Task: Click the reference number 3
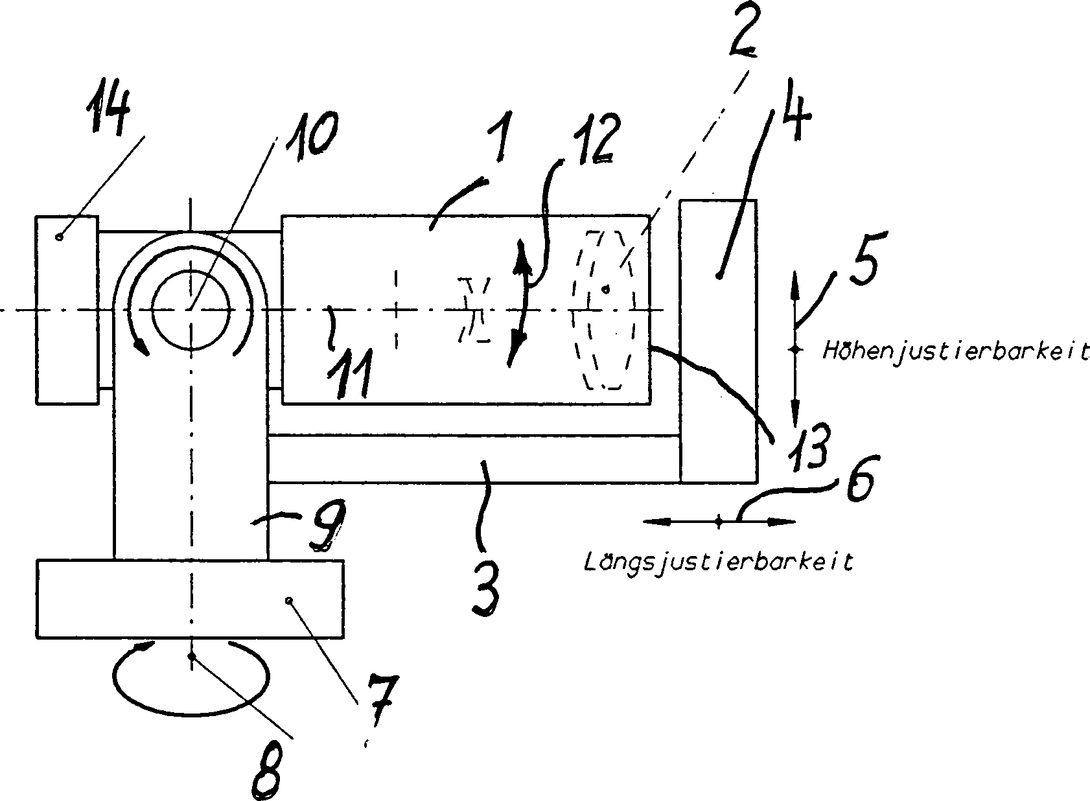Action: pos(486,589)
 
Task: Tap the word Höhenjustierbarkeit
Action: pos(955,351)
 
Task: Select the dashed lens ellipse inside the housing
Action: pos(603,309)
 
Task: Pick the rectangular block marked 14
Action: pos(67,310)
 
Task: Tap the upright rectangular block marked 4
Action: pos(717,341)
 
